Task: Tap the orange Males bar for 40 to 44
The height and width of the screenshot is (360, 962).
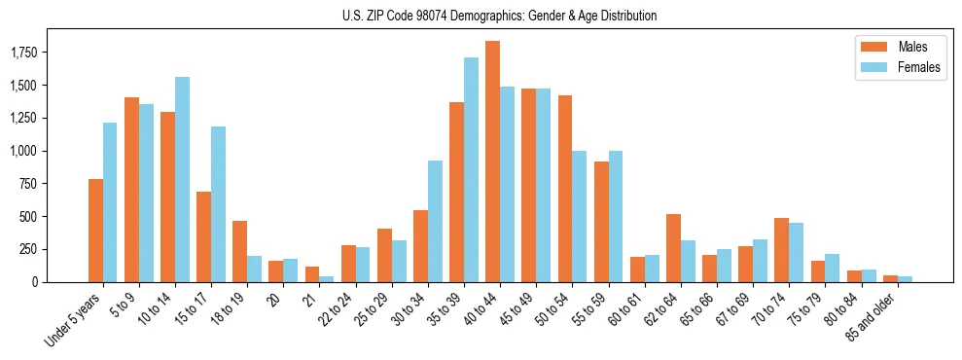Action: click(492, 162)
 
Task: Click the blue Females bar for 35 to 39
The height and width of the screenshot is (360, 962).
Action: click(471, 170)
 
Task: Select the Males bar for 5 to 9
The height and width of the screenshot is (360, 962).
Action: click(131, 190)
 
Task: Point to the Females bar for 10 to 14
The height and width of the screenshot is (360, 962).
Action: click(182, 180)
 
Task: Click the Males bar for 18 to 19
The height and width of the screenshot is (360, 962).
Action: click(239, 251)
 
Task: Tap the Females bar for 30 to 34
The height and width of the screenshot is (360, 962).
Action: click(435, 221)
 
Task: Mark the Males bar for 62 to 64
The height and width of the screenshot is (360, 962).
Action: click(673, 248)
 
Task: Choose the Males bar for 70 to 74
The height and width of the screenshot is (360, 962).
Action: click(782, 250)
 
